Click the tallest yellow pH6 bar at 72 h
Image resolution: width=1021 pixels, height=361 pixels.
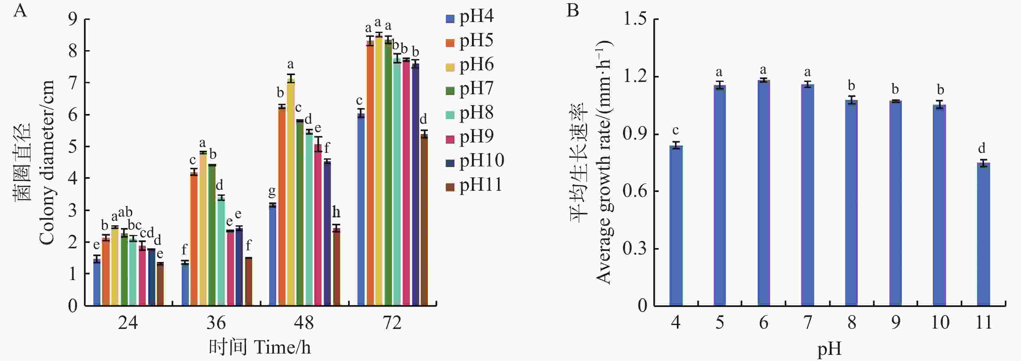[379, 170]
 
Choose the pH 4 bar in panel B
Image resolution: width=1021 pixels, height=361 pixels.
[676, 225]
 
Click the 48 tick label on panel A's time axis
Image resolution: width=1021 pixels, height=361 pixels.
[304, 323]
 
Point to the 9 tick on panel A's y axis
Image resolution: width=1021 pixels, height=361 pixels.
[73, 19]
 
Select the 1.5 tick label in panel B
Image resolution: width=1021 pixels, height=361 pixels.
[635, 19]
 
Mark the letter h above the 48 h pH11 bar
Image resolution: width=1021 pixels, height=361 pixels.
[336, 213]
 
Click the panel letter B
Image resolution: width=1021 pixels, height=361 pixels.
[573, 10]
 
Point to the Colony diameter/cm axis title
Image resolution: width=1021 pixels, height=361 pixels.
[47, 162]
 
